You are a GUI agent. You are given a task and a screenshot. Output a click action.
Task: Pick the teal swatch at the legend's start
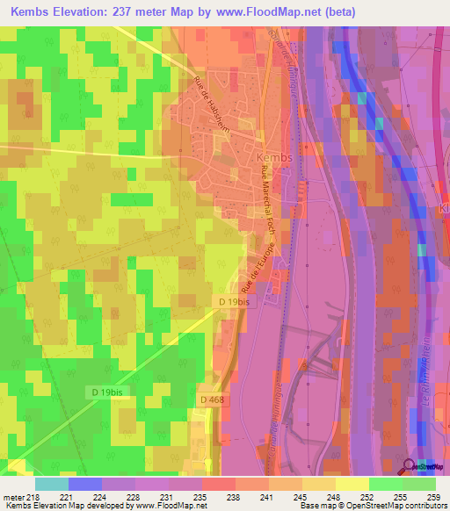point(52,484)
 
